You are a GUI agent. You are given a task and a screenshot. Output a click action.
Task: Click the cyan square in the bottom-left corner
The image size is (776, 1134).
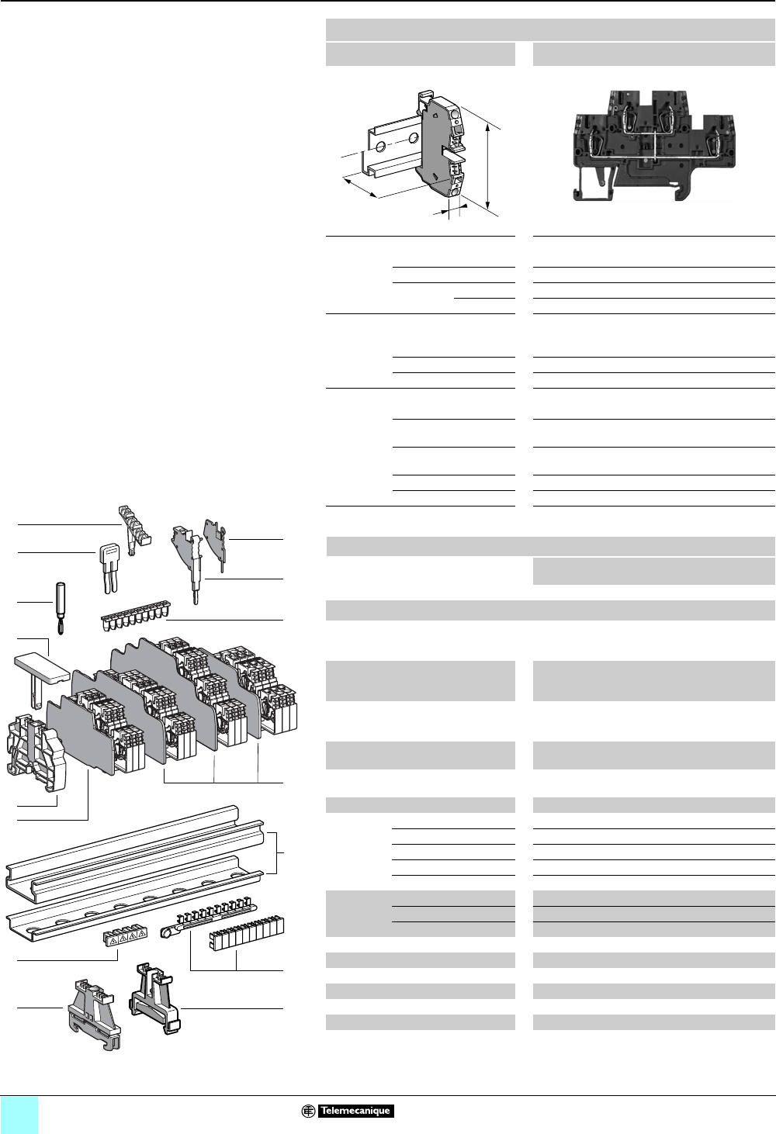(x=19, y=1115)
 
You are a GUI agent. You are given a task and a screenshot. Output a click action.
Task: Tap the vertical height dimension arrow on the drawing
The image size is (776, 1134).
(x=488, y=162)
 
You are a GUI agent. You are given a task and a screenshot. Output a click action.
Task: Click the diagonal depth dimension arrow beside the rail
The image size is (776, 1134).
(x=361, y=187)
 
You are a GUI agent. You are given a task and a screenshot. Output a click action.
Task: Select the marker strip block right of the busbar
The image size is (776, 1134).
(x=247, y=935)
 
